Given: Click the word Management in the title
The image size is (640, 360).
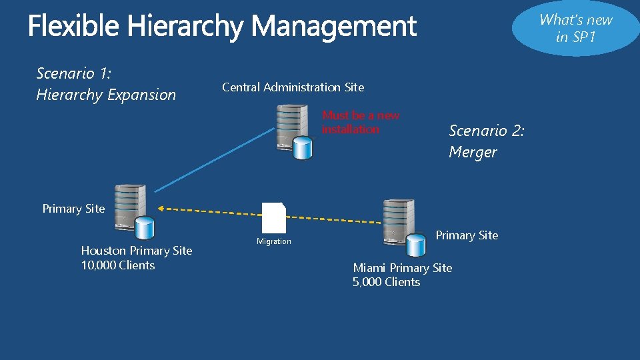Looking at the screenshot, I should [x=334, y=27].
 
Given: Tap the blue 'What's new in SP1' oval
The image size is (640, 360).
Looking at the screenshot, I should [x=576, y=28].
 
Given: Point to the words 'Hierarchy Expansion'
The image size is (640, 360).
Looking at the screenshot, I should [x=106, y=95].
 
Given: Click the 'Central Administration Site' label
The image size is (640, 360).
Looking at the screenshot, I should [x=293, y=87].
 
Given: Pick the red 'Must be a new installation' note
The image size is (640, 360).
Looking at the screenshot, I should [x=360, y=122].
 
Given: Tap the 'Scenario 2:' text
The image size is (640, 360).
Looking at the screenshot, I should [x=487, y=131].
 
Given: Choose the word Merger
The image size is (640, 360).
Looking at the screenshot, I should [x=473, y=152].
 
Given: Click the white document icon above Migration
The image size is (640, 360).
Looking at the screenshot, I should [x=273, y=217].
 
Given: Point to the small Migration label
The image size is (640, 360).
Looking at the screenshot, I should [x=274, y=241].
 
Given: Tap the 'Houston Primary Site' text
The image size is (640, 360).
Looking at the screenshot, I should [x=137, y=251].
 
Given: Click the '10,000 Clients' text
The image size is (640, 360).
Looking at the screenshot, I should [x=118, y=265].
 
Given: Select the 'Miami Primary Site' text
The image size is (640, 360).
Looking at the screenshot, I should [x=402, y=268].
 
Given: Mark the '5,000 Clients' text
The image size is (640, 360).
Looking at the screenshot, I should [x=386, y=282].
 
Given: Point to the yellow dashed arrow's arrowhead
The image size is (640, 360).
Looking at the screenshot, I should [x=162, y=209].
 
